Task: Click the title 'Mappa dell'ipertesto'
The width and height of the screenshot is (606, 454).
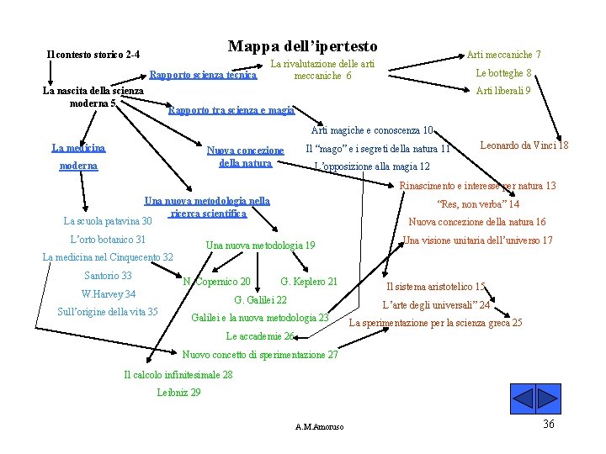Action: pos(302,47)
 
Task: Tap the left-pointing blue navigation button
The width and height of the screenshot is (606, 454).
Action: pos(524,398)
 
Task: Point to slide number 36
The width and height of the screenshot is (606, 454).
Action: pos(549,425)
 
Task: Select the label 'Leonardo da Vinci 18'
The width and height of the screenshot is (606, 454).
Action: pos(524,145)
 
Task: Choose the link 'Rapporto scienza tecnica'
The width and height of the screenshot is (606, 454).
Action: pos(202,76)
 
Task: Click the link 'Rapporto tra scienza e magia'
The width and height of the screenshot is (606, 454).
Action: pos(231,110)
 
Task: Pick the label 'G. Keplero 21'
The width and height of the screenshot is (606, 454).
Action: pos(309,282)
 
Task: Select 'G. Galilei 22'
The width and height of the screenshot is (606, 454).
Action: pos(260,300)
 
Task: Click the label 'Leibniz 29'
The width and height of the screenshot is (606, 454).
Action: pos(178,393)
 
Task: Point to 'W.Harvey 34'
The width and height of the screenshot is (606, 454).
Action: pos(108,294)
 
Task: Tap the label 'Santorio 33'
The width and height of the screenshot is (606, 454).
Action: pos(108,276)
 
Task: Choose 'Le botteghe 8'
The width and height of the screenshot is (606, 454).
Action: pos(503,73)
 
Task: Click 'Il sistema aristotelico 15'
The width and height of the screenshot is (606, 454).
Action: pos(435,287)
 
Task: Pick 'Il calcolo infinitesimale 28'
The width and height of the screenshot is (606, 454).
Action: pos(178,375)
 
